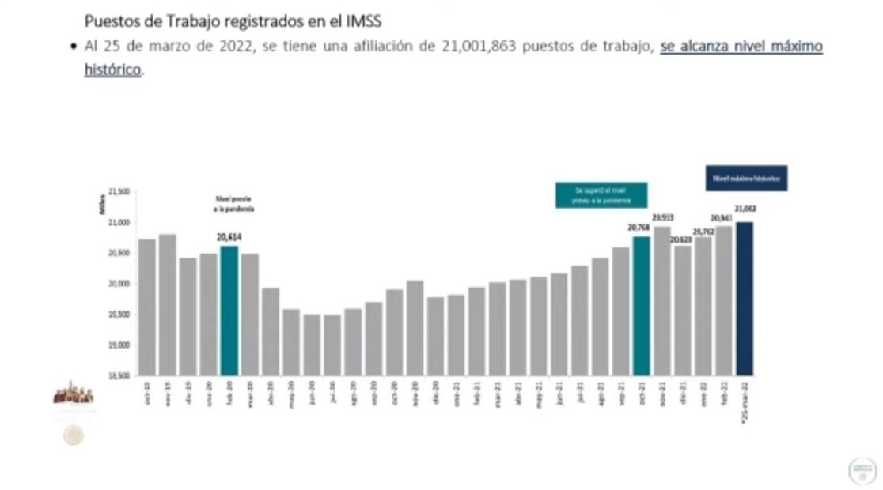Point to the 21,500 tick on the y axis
point(118,191)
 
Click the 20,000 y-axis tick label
point(118,284)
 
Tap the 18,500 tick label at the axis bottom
point(118,375)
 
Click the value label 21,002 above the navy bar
point(745,209)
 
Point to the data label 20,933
point(662,217)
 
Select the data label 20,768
point(639,228)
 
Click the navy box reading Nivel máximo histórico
point(746,179)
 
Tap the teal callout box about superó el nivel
point(601,195)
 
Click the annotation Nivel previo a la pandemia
point(227,204)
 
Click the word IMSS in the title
point(362,21)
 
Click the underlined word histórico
point(112,70)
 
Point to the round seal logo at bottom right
point(862,471)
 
